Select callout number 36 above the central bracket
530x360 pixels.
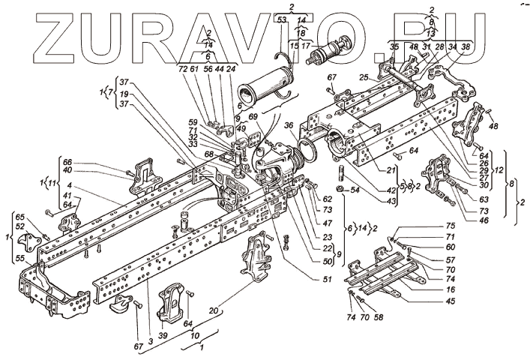(x=288, y=125)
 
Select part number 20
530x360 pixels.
(x=216, y=310)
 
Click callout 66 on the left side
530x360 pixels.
(x=67, y=162)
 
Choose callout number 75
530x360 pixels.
(x=451, y=225)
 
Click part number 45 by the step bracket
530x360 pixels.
(x=451, y=302)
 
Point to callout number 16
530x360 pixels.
(x=451, y=288)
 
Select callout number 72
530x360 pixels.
(x=184, y=68)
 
